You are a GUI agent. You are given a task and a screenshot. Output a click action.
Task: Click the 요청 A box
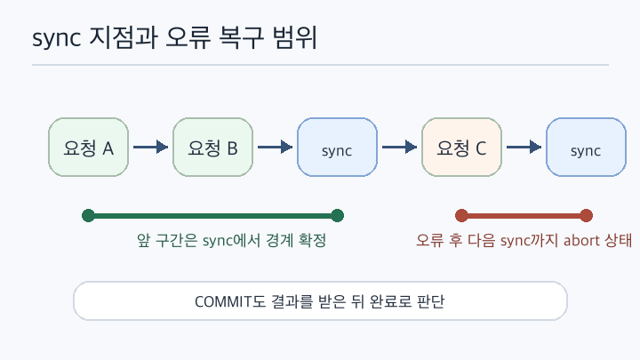tap(88, 148)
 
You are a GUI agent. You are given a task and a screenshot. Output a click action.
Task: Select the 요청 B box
tap(212, 148)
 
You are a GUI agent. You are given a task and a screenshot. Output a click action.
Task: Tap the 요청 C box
tap(461, 148)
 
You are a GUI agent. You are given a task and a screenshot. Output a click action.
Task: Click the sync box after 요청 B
tap(337, 148)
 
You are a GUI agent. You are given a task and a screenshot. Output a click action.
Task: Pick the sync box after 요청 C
tap(586, 148)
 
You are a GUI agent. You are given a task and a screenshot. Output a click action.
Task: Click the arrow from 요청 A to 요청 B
tap(150, 147)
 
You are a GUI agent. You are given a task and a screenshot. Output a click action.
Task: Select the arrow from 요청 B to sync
tap(275, 147)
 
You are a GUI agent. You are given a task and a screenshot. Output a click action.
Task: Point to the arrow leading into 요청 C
tap(400, 147)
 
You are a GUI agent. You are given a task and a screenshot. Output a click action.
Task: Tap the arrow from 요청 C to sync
tap(524, 147)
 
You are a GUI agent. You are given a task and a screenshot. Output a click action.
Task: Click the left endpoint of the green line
tap(88, 215)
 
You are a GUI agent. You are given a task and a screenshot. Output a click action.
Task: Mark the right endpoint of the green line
tap(337, 215)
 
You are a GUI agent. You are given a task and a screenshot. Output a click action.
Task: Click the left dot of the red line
tap(461, 215)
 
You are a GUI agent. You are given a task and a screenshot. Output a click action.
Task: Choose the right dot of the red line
tap(586, 215)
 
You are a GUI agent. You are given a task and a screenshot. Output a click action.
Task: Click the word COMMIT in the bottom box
tap(223, 302)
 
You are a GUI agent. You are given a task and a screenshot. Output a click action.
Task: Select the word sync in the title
tap(56, 39)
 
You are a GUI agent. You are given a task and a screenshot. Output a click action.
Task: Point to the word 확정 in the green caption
tap(312, 240)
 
